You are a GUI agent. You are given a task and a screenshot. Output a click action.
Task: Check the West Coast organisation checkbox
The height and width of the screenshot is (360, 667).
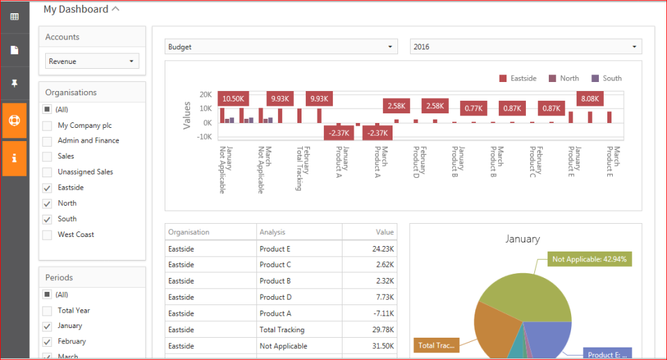[47, 235]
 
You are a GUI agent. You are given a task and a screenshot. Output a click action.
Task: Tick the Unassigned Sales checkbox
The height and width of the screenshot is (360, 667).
[47, 172]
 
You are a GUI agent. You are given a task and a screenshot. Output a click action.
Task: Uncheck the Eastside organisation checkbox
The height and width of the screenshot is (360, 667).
[47, 188]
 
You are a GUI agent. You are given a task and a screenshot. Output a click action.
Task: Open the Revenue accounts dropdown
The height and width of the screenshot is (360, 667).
[92, 61]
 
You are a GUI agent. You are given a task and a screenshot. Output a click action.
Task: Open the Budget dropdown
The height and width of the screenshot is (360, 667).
[281, 47]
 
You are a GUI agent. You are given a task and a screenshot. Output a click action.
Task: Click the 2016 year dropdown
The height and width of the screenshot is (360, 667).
[525, 47]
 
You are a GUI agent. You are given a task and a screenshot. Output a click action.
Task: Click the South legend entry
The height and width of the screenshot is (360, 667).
[607, 79]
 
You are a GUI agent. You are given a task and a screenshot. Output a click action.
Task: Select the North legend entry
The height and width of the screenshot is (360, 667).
[563, 79]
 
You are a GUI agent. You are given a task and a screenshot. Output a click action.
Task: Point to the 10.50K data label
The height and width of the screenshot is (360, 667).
[233, 99]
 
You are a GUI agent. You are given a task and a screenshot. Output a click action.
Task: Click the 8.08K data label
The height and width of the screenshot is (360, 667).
[591, 99]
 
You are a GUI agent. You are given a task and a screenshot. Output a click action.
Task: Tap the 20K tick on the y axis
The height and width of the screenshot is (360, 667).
[205, 95]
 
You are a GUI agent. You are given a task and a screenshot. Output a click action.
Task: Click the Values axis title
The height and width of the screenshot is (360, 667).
[187, 115]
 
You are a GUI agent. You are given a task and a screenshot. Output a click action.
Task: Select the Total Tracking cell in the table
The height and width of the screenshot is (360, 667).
[282, 329]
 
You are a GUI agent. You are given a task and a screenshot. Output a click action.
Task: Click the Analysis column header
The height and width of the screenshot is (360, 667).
[272, 232]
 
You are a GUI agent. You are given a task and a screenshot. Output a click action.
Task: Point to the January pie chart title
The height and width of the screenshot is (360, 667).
[522, 239]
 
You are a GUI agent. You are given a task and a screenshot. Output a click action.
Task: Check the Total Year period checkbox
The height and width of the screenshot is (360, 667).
[47, 311]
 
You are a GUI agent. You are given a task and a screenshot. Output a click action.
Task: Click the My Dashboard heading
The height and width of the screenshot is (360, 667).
[76, 10]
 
